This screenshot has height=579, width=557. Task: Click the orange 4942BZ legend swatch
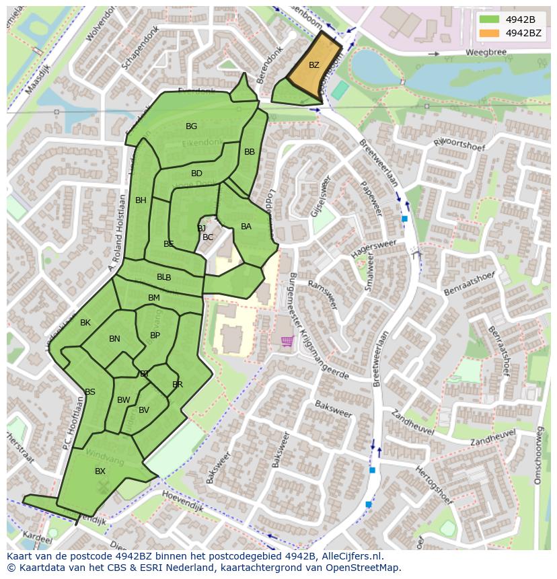pos(490,33)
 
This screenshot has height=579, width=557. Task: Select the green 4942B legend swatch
pos(490,20)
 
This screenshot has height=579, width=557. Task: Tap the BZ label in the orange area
pos(314,65)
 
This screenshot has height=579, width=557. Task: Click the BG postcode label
pos(192,126)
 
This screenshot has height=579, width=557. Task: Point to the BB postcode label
pos(250,152)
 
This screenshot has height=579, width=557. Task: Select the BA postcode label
pos(246,227)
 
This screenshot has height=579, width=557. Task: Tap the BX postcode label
pos(100,471)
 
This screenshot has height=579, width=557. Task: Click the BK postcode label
pos(85,323)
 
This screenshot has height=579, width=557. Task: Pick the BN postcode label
pos(114,339)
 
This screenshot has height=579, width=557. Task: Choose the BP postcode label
pos(155,336)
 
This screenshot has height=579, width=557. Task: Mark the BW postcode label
pos(124,400)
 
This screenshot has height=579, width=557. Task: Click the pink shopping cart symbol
pos(287,342)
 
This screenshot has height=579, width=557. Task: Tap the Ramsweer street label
pos(322,295)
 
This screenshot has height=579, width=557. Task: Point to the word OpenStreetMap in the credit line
pos(361,568)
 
